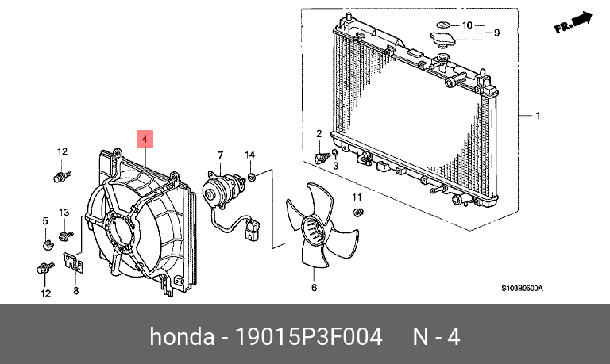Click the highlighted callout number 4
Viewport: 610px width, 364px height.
145,140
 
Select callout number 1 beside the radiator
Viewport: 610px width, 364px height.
537,116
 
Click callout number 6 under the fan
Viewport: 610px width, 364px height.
314,287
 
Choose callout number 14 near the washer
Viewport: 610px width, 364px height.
249,154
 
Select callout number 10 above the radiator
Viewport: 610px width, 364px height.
467,25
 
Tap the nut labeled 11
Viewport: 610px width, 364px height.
357,212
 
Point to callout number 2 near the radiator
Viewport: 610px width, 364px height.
319,134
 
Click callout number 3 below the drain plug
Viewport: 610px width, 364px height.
335,165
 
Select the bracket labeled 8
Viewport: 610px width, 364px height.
75,263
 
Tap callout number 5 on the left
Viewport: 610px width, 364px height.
45,220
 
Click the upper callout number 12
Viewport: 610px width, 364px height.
61,151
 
